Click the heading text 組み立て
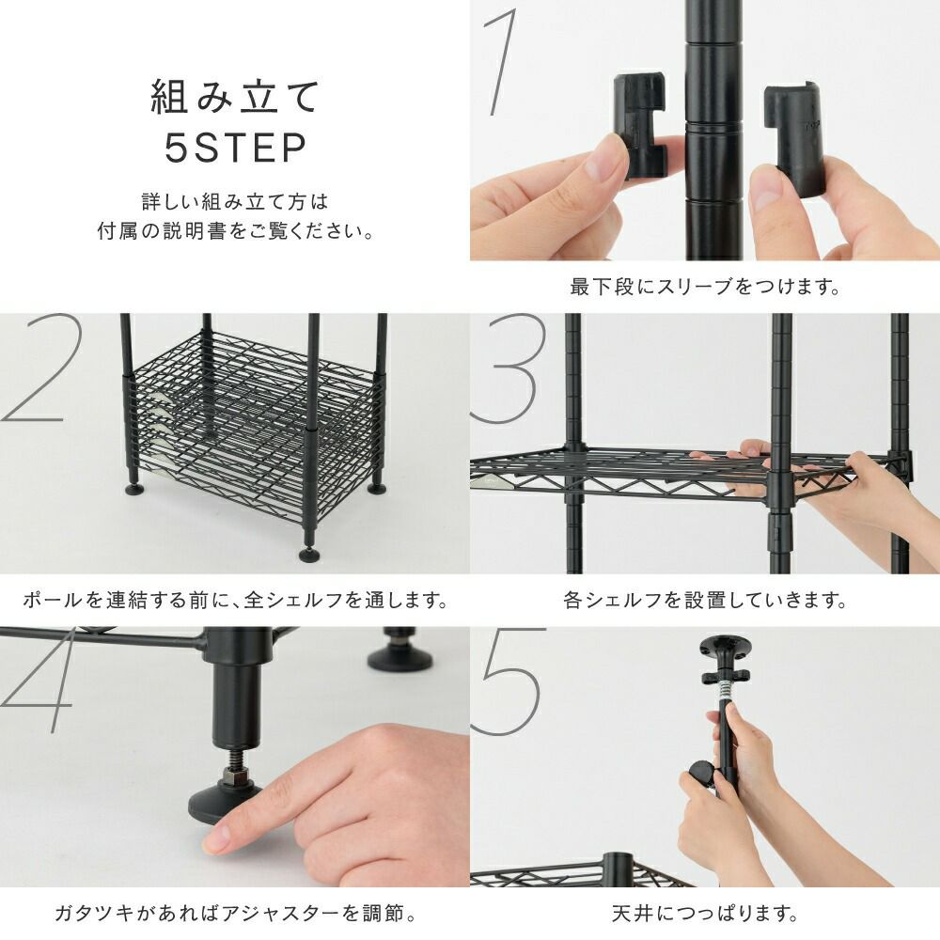[x=234, y=97]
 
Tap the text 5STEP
[x=236, y=149]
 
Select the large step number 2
[x=36, y=368]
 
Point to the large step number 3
[x=509, y=368]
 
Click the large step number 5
[x=509, y=681]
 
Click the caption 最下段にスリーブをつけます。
[x=705, y=287]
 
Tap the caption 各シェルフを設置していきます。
[x=705, y=600]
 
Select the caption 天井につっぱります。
[x=705, y=914]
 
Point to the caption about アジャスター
[x=235, y=914]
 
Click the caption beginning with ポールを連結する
[x=235, y=600]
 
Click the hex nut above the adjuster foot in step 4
[x=235, y=778]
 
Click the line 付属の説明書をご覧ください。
[x=235, y=231]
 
